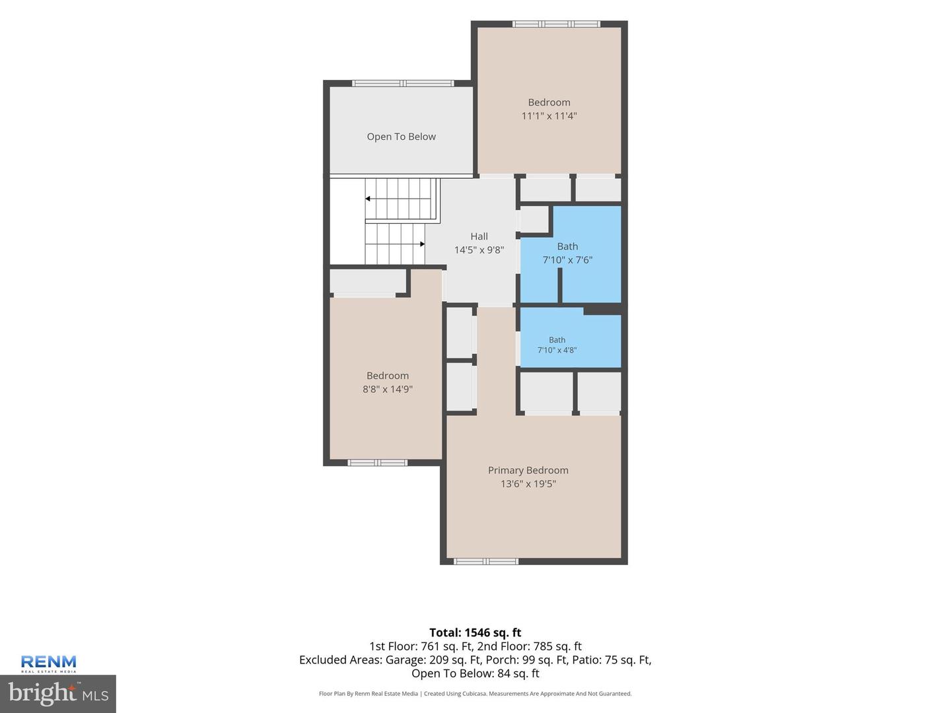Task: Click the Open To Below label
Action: click(x=401, y=137)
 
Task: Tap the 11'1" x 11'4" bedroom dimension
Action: click(x=549, y=116)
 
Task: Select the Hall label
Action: click(x=479, y=236)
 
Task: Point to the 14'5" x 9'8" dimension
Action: click(x=479, y=250)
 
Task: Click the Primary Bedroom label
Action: click(x=528, y=470)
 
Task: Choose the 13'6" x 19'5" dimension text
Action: click(x=528, y=483)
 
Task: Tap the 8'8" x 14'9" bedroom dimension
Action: click(x=387, y=389)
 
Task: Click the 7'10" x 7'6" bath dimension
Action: click(x=567, y=259)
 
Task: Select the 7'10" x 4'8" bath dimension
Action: click(x=557, y=350)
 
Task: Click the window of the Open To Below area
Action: click(x=403, y=83)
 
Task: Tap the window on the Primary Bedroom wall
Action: click(x=486, y=561)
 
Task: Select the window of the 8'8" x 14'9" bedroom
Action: click(x=377, y=463)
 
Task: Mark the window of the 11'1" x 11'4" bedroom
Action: click(x=556, y=24)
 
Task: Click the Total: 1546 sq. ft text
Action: click(x=475, y=632)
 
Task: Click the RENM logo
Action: click(x=48, y=663)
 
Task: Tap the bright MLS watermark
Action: click(x=58, y=694)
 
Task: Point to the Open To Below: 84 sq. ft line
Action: click(x=475, y=673)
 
